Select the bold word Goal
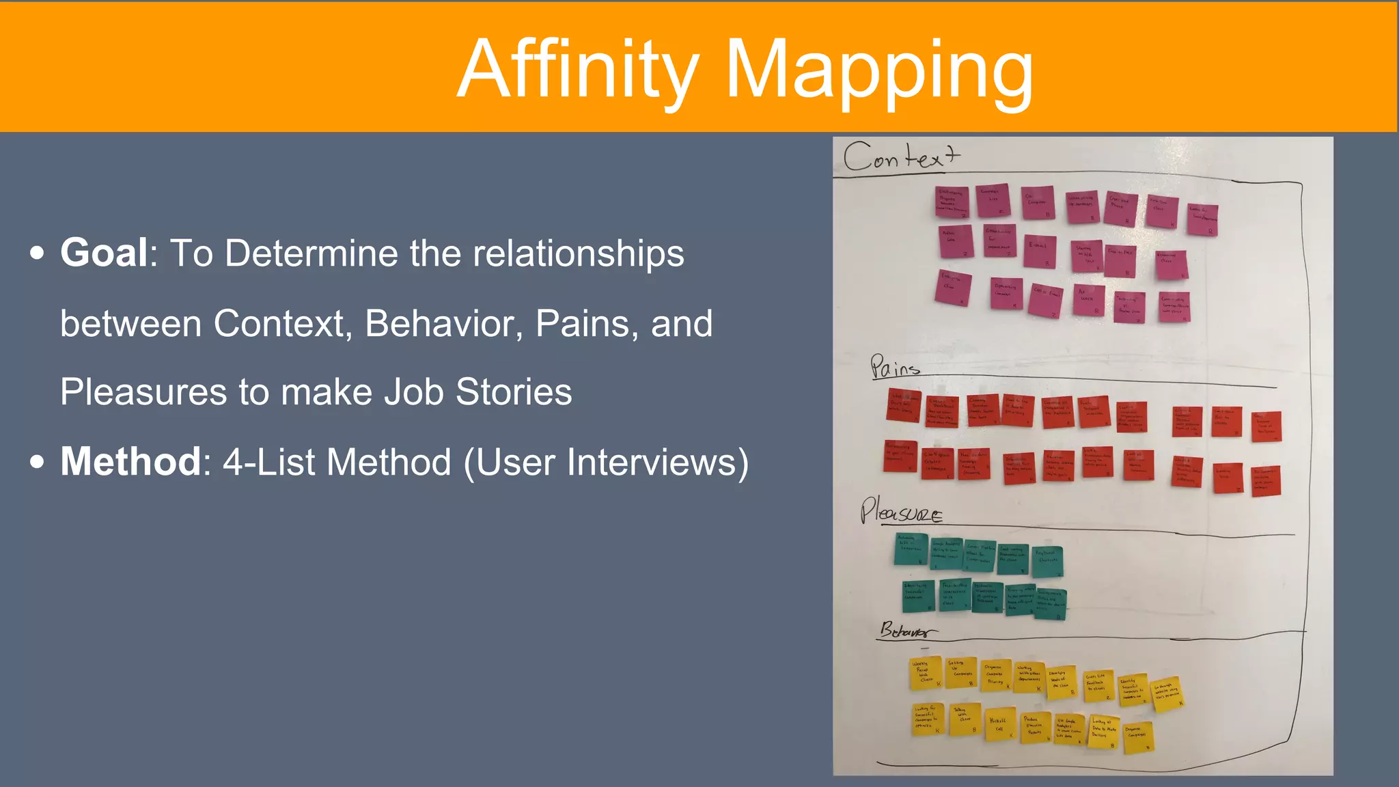pyautogui.click(x=104, y=253)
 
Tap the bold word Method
pyautogui.click(x=130, y=462)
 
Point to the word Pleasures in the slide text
pyautogui.click(x=143, y=392)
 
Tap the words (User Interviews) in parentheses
pyautogui.click(x=606, y=462)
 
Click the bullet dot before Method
pyautogui.click(x=38, y=462)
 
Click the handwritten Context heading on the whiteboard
pyautogui.click(x=900, y=158)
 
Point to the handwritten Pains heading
pyautogui.click(x=894, y=367)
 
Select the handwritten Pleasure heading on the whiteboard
pyautogui.click(x=900, y=512)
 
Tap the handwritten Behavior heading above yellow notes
pyautogui.click(x=906, y=630)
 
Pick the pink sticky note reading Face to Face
pyautogui.click(x=1120, y=260)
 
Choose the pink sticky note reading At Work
pyautogui.click(x=1088, y=299)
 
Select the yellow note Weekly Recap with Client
pyautogui.click(x=925, y=674)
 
